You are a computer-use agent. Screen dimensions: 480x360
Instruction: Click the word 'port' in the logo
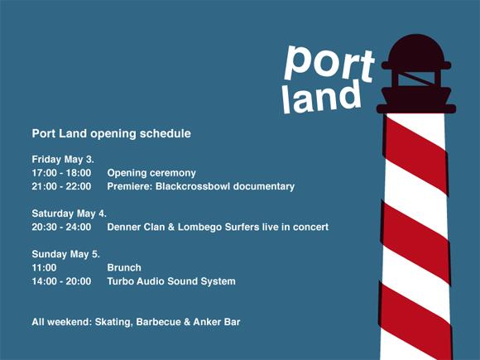329,65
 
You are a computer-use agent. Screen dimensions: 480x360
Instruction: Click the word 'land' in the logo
321,97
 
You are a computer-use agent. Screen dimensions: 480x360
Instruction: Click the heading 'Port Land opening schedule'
112,134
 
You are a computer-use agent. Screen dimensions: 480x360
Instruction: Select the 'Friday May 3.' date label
63,160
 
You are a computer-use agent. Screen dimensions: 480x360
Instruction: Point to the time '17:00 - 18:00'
61,173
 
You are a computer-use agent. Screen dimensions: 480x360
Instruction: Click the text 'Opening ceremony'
151,173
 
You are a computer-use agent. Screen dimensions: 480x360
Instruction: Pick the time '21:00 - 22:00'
61,186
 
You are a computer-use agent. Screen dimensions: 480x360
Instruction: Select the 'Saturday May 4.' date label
70,214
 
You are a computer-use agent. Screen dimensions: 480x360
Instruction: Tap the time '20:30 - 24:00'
61,227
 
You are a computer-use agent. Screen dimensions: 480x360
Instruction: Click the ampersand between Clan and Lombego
171,227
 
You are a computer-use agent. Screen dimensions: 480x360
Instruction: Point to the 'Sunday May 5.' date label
66,254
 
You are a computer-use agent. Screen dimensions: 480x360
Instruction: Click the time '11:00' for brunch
44,268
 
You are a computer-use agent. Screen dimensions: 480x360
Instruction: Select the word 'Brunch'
124,268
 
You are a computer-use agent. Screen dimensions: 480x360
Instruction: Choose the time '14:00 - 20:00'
61,281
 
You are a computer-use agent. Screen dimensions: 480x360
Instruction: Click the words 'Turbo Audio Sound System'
171,281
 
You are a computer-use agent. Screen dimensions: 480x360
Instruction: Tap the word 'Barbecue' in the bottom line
158,322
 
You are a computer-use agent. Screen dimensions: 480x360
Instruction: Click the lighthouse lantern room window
416,79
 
